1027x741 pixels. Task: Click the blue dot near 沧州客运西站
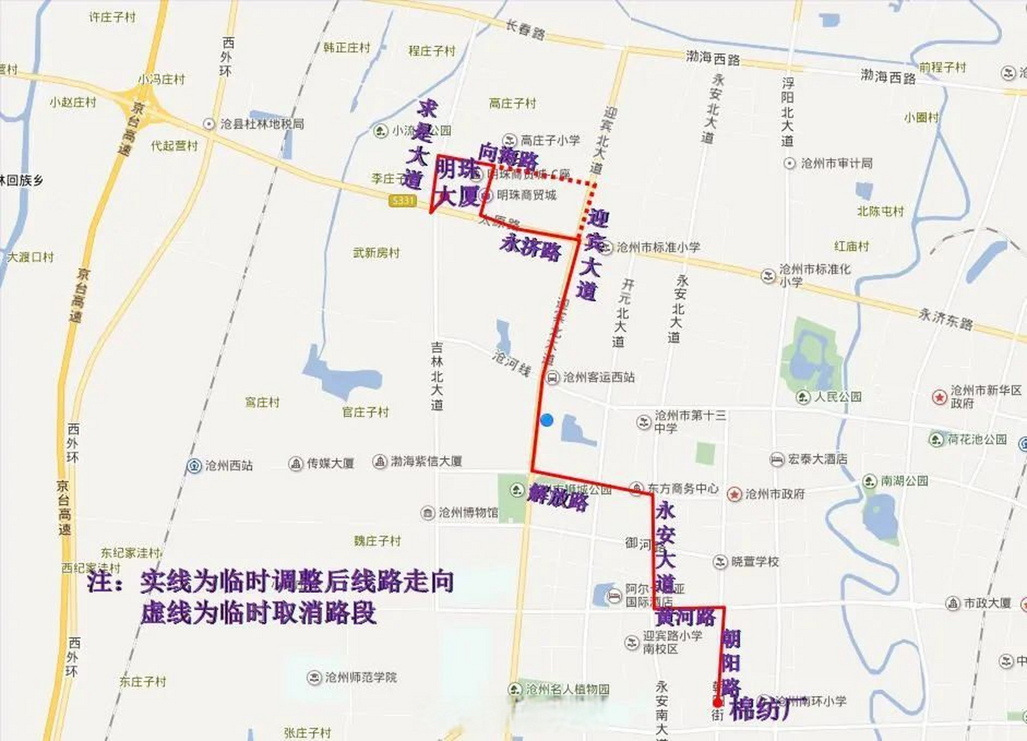click(x=546, y=420)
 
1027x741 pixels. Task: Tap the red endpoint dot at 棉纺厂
click(x=718, y=703)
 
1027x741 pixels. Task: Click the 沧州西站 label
click(x=229, y=465)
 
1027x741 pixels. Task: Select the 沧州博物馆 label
click(x=468, y=512)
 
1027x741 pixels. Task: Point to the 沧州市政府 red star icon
click(x=734, y=494)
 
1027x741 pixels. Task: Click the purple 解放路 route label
click(x=558, y=497)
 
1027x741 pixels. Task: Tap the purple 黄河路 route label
click(x=686, y=617)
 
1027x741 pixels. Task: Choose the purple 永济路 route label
click(x=531, y=248)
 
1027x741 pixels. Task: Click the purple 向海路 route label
click(x=508, y=155)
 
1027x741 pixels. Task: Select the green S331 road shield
click(x=402, y=201)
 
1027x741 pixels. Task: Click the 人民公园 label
click(x=838, y=397)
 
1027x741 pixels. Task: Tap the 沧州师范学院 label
click(x=361, y=677)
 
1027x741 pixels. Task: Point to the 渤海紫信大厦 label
click(x=426, y=461)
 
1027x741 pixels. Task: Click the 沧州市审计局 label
click(x=836, y=164)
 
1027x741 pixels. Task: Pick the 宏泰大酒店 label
click(x=817, y=459)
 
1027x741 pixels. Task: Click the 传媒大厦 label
click(x=330, y=463)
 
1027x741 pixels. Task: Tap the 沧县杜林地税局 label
click(x=262, y=124)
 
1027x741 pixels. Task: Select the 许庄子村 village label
click(x=112, y=17)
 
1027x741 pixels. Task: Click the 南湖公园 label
click(x=904, y=481)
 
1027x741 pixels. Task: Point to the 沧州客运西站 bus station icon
click(x=553, y=377)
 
